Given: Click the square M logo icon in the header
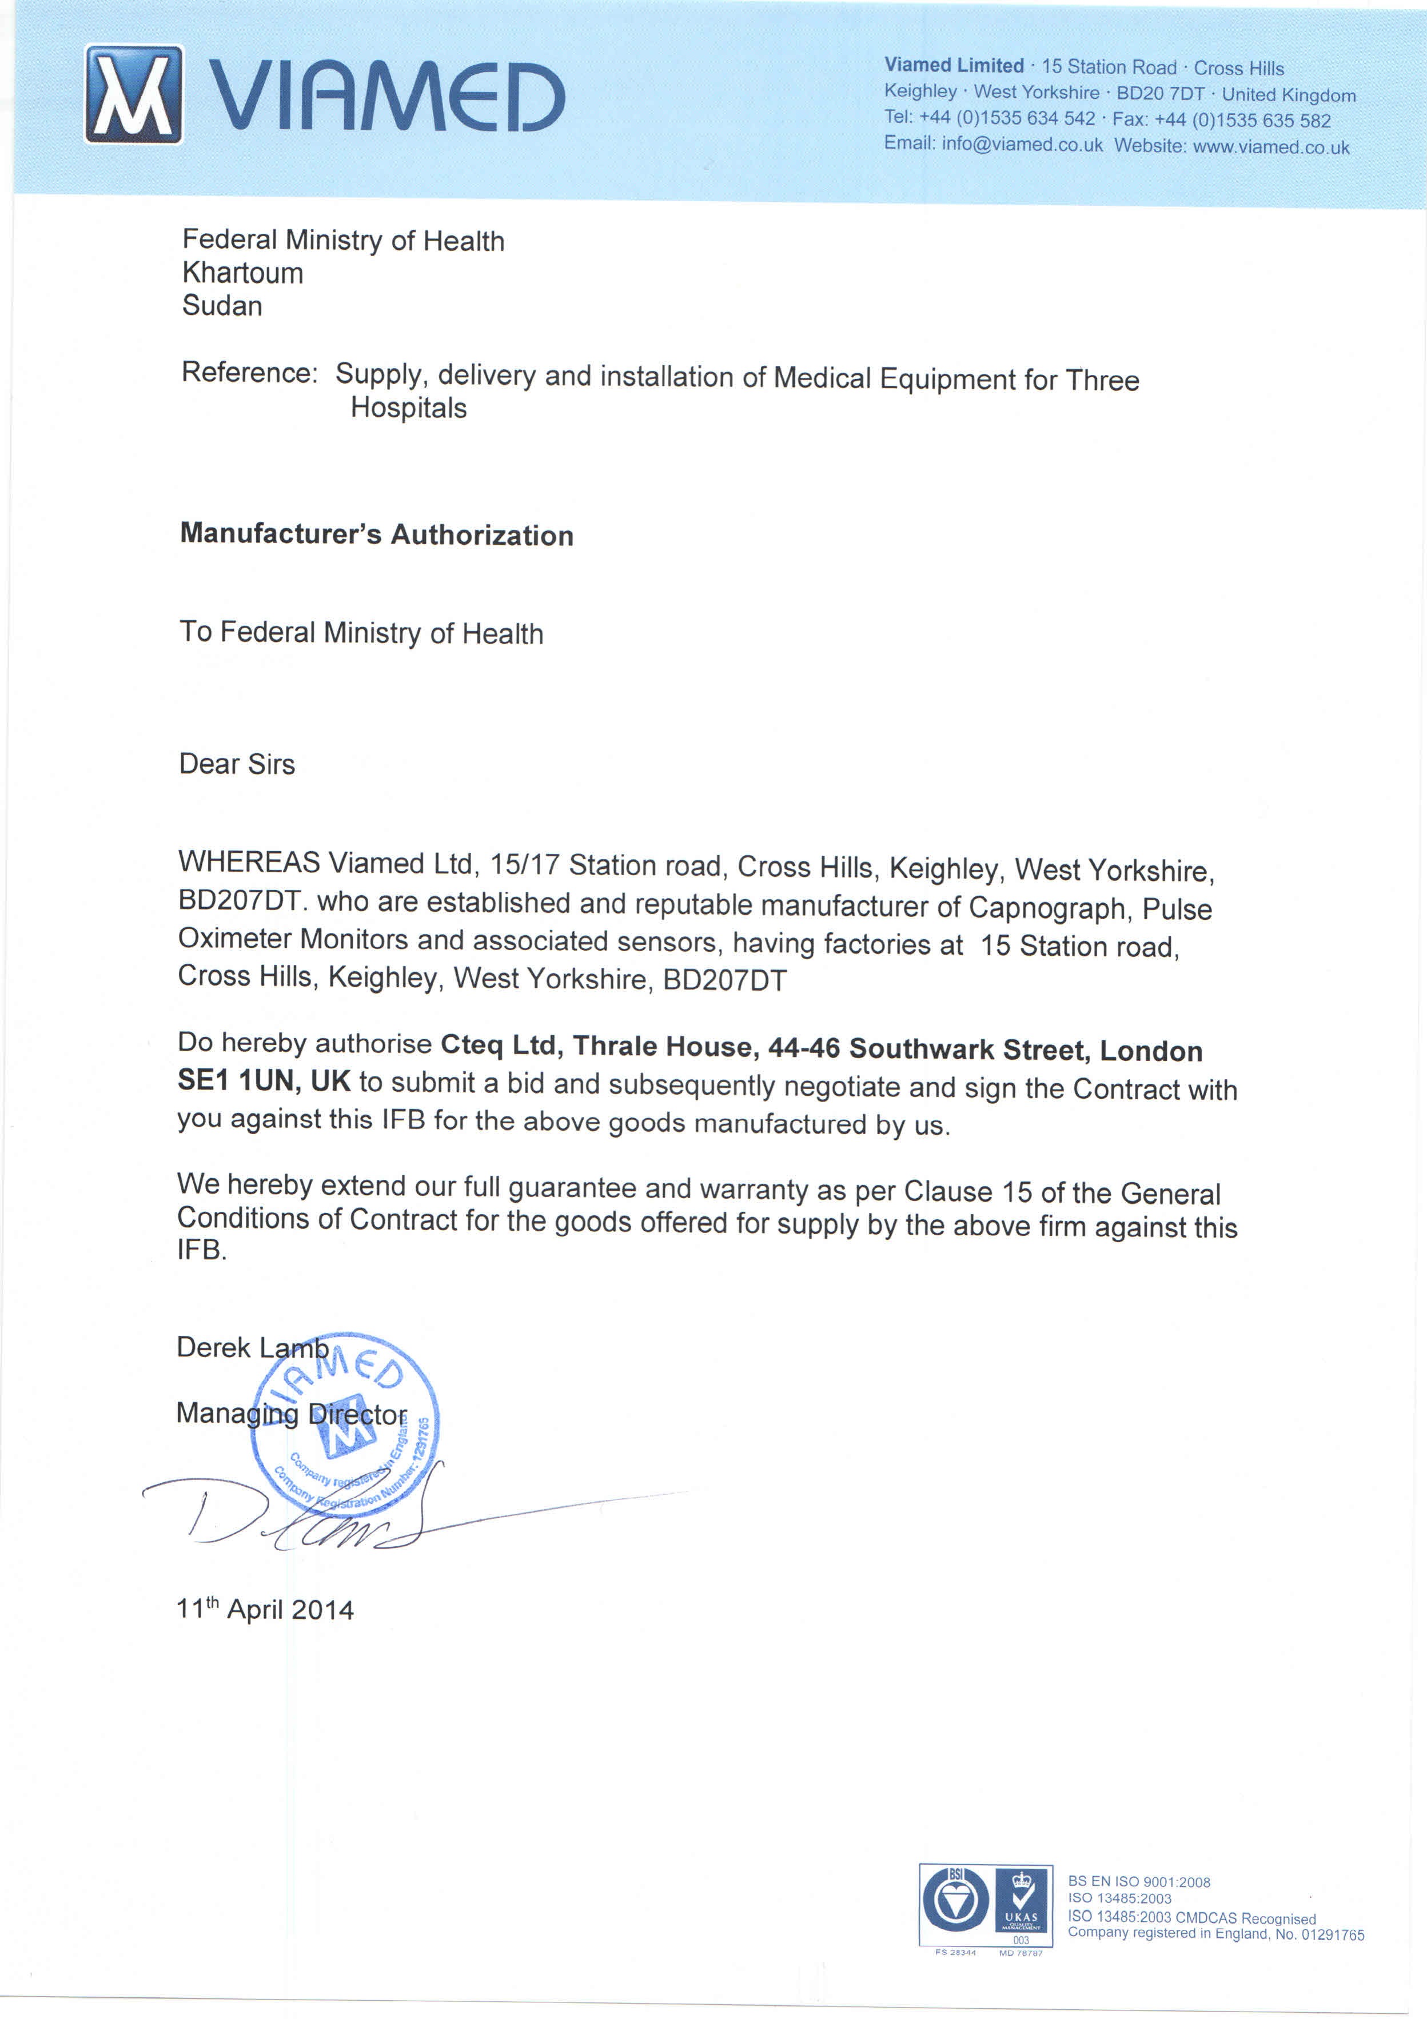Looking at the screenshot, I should [x=134, y=94].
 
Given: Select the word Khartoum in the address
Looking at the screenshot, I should [x=242, y=273].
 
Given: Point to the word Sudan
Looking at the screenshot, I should [x=222, y=306].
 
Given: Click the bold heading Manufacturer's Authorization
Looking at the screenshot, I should [x=376, y=534].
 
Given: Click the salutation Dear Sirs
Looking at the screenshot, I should [x=237, y=763].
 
